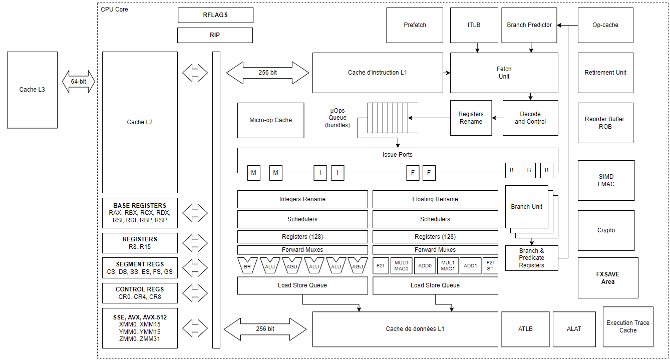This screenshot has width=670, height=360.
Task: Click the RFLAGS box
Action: coord(215,15)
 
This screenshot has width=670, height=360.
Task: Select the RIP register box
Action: coord(215,35)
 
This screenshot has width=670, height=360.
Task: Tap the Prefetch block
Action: coord(415,25)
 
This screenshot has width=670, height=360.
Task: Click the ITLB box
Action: coord(473,25)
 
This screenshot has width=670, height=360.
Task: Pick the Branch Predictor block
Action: coord(529,25)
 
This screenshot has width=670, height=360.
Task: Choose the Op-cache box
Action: coord(605,25)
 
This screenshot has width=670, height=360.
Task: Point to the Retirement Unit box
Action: coord(605,73)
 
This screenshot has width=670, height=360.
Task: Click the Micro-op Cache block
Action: coord(270,120)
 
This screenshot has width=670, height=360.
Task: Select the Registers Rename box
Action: coord(471,118)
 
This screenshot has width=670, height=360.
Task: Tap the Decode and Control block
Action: coord(530,118)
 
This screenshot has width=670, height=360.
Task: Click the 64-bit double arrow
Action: coord(79,82)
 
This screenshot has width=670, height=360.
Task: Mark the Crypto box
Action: coord(606,230)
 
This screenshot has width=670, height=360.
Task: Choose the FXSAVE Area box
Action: coord(608,278)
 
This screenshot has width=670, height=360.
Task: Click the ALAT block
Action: coord(574,329)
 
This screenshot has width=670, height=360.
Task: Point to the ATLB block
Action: coord(525,329)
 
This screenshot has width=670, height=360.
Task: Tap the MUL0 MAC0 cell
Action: coord(402,266)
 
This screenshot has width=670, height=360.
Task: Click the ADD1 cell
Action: coord(470,266)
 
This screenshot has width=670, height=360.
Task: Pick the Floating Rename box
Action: coord(435,199)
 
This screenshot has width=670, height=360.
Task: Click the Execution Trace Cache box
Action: coord(628,326)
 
